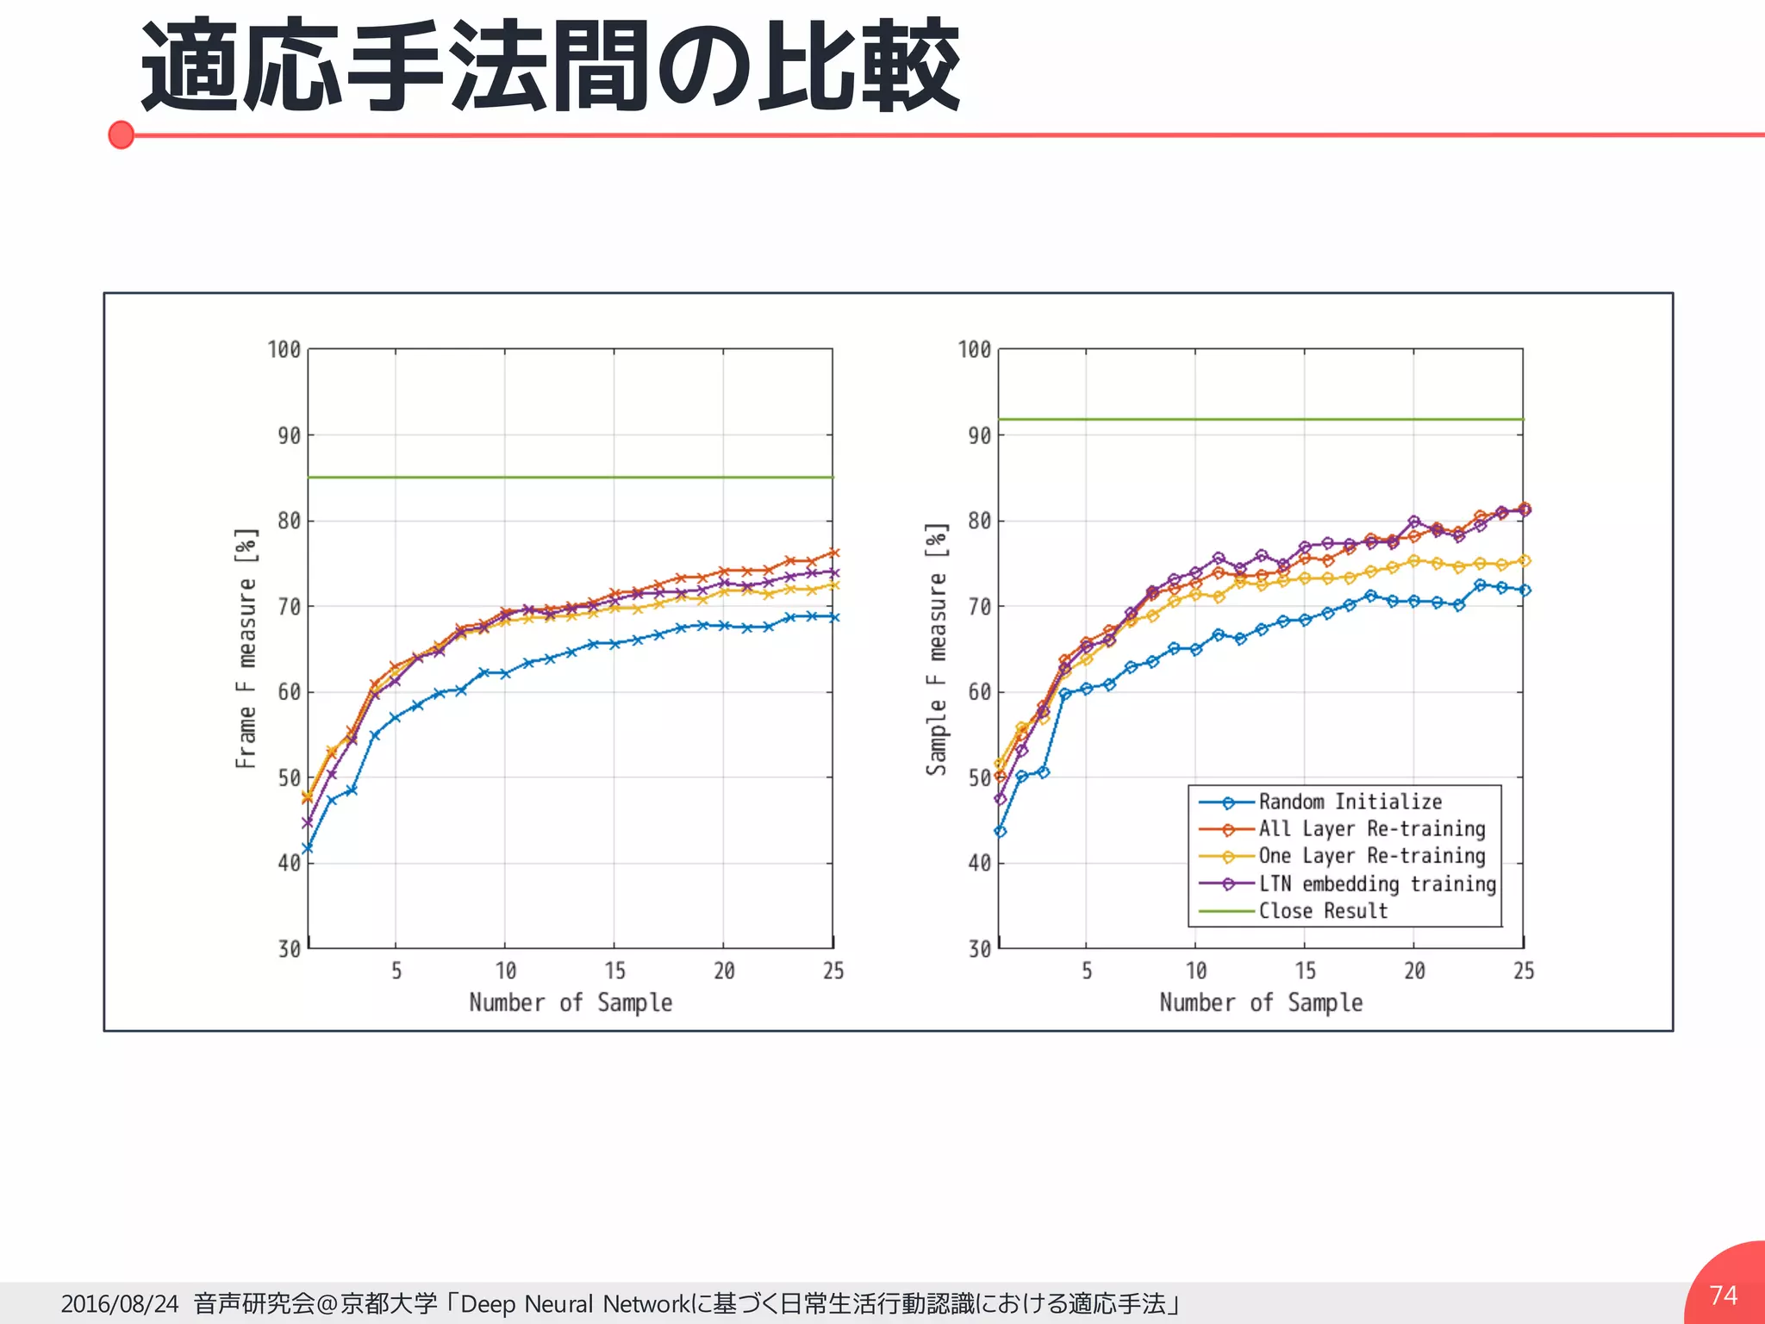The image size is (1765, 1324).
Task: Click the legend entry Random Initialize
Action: (1350, 802)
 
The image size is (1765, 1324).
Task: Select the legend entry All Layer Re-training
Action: (1371, 829)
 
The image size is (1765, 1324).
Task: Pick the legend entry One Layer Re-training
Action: (1371, 856)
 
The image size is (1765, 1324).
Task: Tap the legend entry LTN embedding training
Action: (1376, 884)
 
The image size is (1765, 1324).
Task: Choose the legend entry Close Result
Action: (1323, 911)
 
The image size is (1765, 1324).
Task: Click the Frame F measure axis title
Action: (246, 648)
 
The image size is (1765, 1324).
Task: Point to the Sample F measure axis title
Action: (937, 648)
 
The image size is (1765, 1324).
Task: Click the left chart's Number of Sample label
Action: (571, 1002)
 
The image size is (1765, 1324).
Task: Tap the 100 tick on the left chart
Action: (284, 350)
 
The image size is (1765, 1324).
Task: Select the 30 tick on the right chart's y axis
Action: (979, 949)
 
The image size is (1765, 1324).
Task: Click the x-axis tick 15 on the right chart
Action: (1305, 971)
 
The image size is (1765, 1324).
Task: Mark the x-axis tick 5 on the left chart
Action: (396, 971)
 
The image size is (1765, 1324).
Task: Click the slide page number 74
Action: (1723, 1295)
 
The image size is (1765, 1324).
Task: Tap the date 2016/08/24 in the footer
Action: (120, 1303)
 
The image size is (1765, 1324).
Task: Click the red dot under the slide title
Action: (122, 135)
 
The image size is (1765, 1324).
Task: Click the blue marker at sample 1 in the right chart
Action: (1000, 832)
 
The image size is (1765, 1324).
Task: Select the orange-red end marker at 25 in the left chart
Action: (833, 553)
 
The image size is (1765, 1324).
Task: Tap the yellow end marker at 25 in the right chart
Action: (1524, 561)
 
